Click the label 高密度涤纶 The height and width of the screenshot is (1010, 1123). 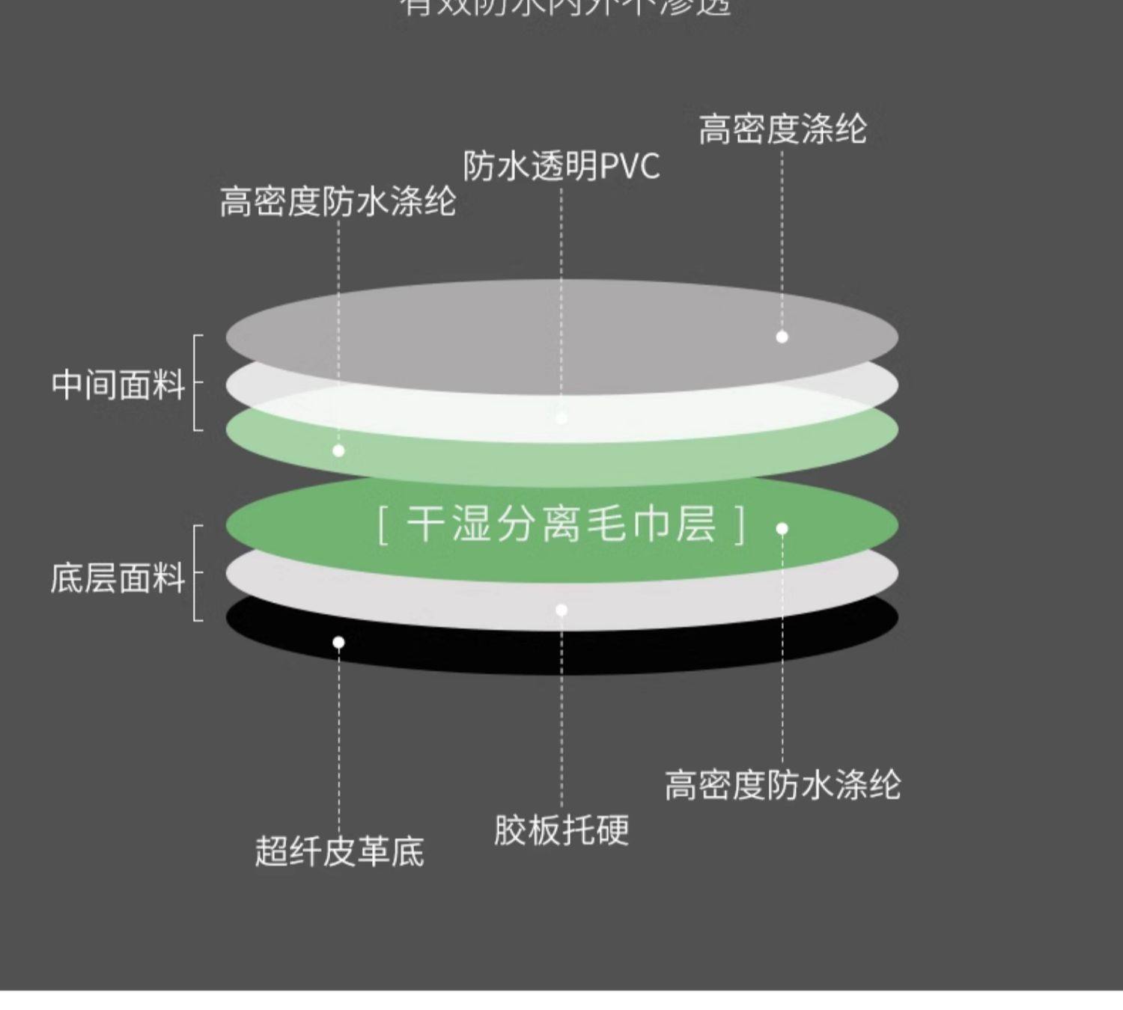pos(782,129)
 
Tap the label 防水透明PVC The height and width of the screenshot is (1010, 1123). pos(561,166)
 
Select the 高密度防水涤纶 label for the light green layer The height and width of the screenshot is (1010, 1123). pos(338,202)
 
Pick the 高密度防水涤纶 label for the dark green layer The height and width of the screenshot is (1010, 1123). pos(782,786)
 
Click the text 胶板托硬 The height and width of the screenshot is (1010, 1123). pos(561,830)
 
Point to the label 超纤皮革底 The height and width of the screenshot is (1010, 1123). pos(339,851)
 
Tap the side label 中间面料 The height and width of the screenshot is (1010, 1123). pos(118,385)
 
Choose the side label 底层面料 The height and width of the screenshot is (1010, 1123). pos(118,578)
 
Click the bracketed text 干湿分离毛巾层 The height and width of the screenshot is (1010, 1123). pos(561,524)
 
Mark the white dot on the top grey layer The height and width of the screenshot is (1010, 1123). pos(782,337)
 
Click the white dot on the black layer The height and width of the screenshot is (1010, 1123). pos(338,642)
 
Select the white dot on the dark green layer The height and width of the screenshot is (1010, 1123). pos(782,528)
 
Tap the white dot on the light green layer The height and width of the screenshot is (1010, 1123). pos(338,450)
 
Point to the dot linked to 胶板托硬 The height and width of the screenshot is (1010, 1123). pos(561,610)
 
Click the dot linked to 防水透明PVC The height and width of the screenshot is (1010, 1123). pos(561,418)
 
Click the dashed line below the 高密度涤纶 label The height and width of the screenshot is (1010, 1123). pos(782,239)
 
